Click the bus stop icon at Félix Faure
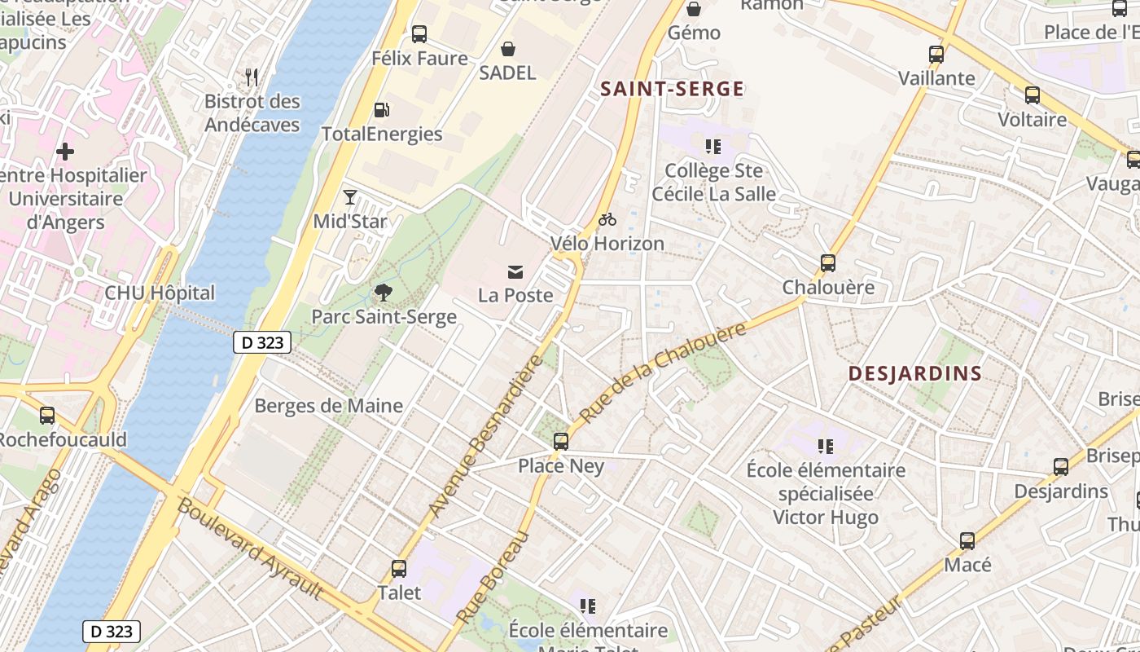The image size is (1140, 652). tap(419, 34)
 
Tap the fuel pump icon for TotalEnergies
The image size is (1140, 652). tap(380, 110)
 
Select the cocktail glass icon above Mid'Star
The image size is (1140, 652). tap(350, 197)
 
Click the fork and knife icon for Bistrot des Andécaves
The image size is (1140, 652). tap(252, 77)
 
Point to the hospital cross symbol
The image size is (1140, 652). tap(65, 152)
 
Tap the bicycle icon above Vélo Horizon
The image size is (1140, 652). tap(607, 219)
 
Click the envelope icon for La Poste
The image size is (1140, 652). tap(515, 271)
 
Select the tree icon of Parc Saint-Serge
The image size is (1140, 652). tap(383, 293)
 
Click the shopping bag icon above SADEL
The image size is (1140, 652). tap(507, 49)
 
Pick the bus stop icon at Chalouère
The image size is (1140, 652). tap(828, 263)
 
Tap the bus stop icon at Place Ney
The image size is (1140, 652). tap(561, 442)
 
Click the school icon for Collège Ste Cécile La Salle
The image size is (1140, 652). tap(713, 147)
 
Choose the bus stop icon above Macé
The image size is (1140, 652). tap(967, 541)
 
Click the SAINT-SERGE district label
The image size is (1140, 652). tap(672, 89)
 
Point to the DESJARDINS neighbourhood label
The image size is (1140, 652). tap(914, 373)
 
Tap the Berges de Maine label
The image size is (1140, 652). tap(328, 406)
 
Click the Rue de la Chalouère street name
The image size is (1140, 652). tap(664, 372)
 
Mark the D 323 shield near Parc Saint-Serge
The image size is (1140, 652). tap(262, 342)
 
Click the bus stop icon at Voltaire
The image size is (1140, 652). tap(1033, 95)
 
